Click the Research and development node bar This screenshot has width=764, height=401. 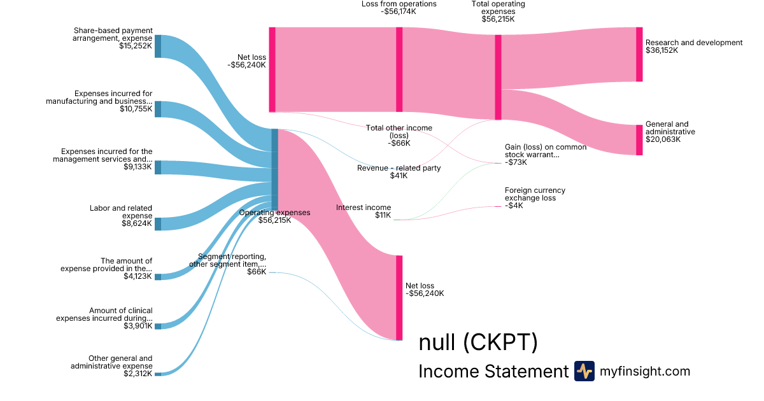[x=639, y=54]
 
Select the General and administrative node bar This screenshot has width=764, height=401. [x=639, y=140]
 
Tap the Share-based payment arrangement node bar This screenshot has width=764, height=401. [x=158, y=46]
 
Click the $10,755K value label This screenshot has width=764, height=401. [x=136, y=109]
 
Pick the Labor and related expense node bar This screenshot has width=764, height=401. [x=158, y=224]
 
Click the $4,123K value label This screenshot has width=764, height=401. [x=138, y=276]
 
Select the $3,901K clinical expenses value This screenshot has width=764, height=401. [x=138, y=326]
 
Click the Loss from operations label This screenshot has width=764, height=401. [x=399, y=4]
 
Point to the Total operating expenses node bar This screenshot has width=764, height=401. [x=498, y=76]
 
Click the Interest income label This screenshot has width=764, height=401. [x=364, y=208]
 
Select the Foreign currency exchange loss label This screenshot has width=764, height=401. [x=535, y=194]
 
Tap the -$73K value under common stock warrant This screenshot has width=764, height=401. [x=516, y=162]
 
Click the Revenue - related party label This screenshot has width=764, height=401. [x=399, y=168]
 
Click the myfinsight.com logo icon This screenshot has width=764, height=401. [x=584, y=371]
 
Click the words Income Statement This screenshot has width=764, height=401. [x=493, y=372]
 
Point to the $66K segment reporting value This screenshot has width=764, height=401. [x=257, y=272]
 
